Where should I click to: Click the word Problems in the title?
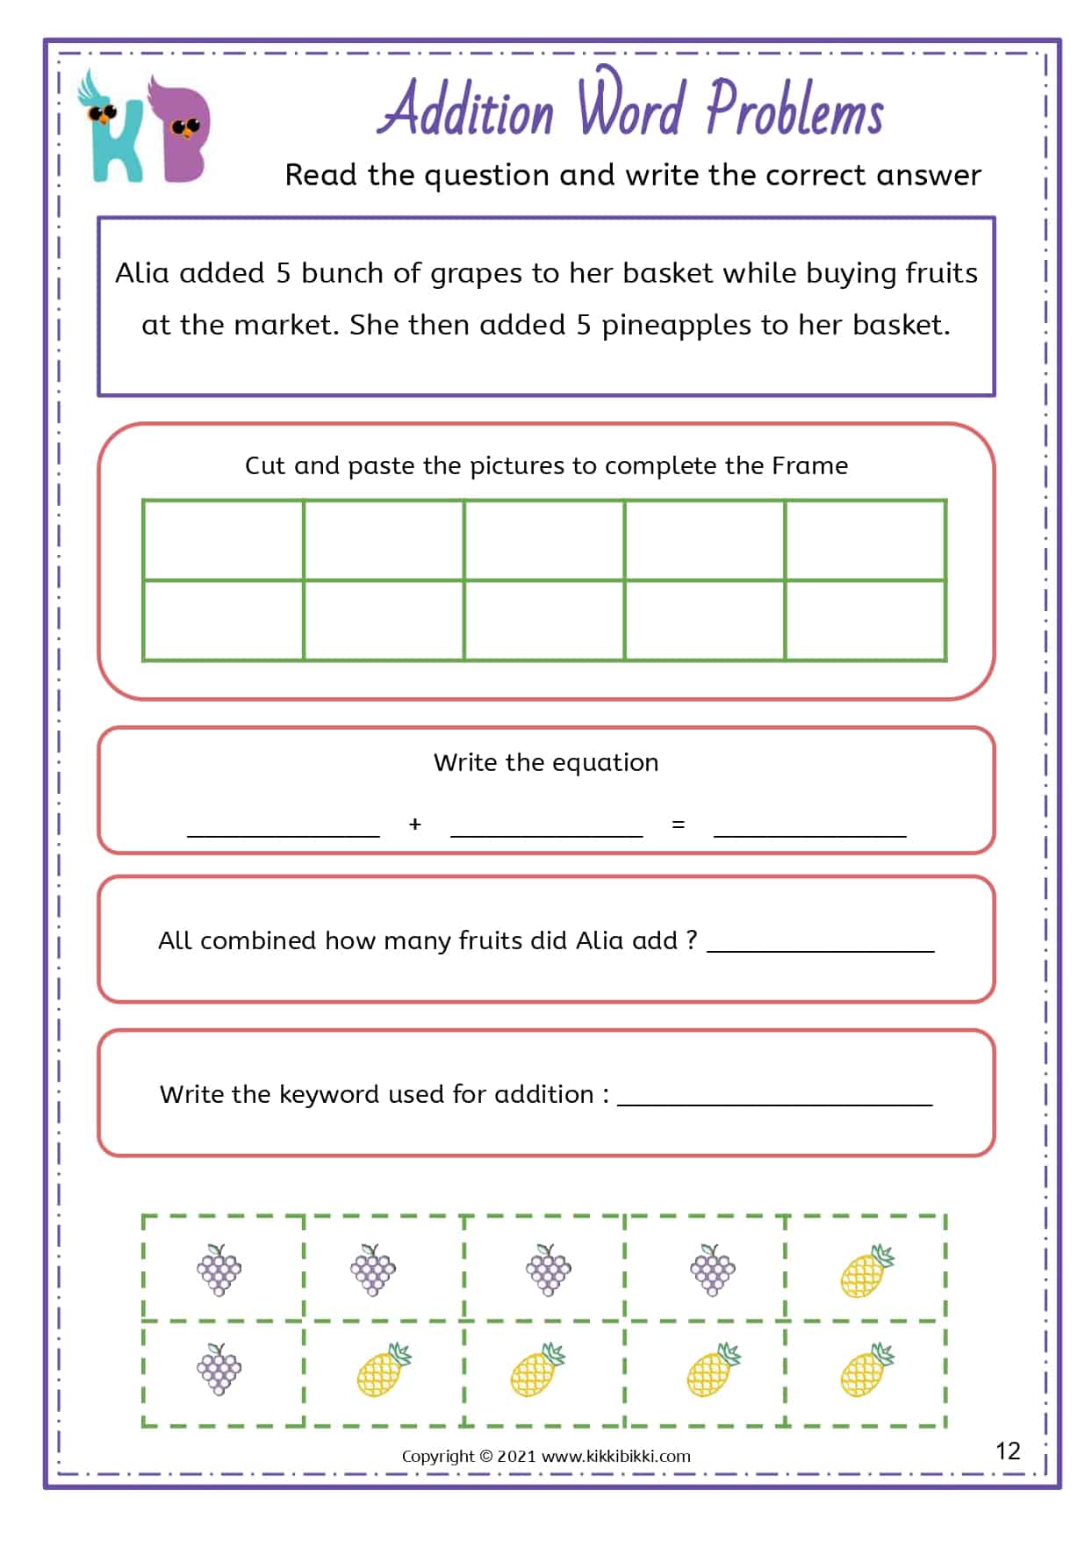point(794,112)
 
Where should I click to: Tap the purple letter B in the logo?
point(180,132)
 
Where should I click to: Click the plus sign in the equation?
point(415,825)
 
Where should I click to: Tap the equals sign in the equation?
point(678,825)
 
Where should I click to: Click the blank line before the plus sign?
point(284,830)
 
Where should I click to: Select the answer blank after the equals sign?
point(809,830)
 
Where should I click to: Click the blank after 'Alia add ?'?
point(821,945)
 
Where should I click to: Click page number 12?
point(1008,1451)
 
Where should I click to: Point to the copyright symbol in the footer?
point(485,1456)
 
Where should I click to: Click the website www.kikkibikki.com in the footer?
point(616,1456)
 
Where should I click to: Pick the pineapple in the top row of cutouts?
point(866,1271)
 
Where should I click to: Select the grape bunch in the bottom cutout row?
point(219,1369)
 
